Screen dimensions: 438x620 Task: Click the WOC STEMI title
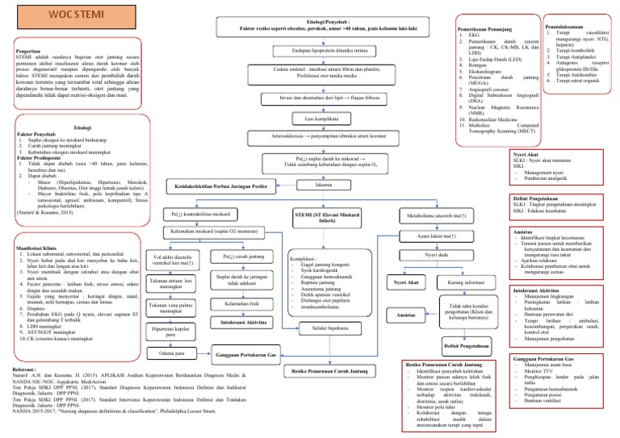[x=51, y=15]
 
